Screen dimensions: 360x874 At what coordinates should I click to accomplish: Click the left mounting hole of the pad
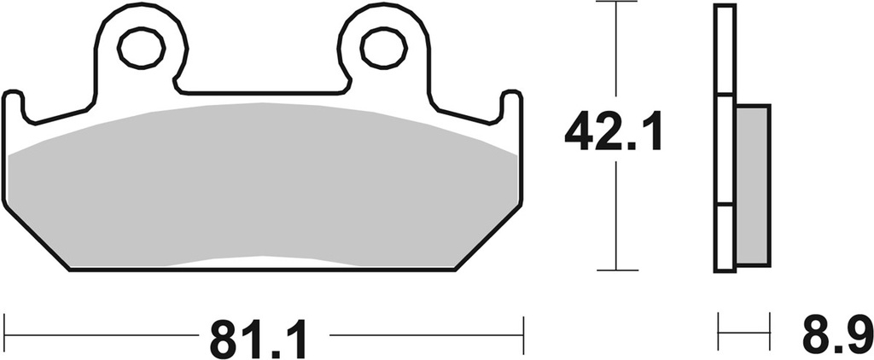pyautogui.click(x=140, y=48)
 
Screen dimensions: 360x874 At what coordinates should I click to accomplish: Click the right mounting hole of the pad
pyautogui.click(x=382, y=48)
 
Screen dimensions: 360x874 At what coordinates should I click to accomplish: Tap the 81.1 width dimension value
pyautogui.click(x=255, y=338)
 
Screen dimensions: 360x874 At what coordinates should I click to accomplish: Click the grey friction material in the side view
pyautogui.click(x=751, y=183)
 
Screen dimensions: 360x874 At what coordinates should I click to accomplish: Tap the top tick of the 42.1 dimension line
pyautogui.click(x=616, y=3)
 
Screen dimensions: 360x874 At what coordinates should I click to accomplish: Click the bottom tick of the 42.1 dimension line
pyautogui.click(x=616, y=270)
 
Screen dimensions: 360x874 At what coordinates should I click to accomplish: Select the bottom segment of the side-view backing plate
pyautogui.click(x=724, y=238)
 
